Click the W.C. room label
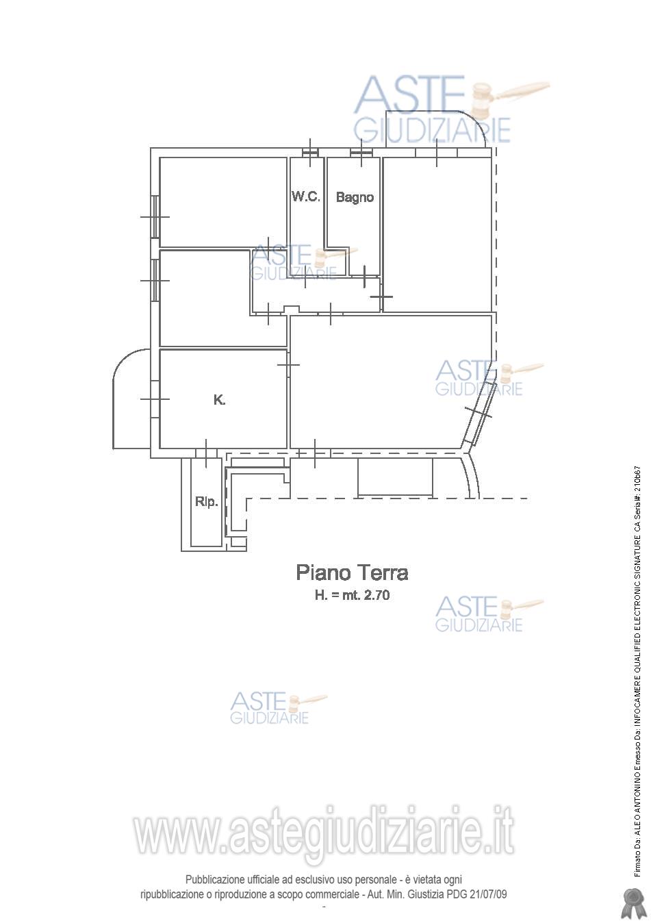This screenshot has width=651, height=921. pyautogui.click(x=306, y=197)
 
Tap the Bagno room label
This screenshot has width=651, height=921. pyautogui.click(x=355, y=197)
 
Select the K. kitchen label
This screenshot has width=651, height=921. pyautogui.click(x=220, y=399)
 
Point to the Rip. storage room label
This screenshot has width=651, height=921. pyautogui.click(x=206, y=502)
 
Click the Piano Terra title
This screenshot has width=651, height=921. pyautogui.click(x=353, y=572)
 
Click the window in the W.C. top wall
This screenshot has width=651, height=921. pyautogui.click(x=310, y=153)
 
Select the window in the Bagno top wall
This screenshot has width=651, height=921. pyautogui.click(x=361, y=153)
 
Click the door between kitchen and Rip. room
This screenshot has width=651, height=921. pyautogui.click(x=206, y=453)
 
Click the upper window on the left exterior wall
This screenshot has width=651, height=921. pyautogui.click(x=155, y=216)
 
